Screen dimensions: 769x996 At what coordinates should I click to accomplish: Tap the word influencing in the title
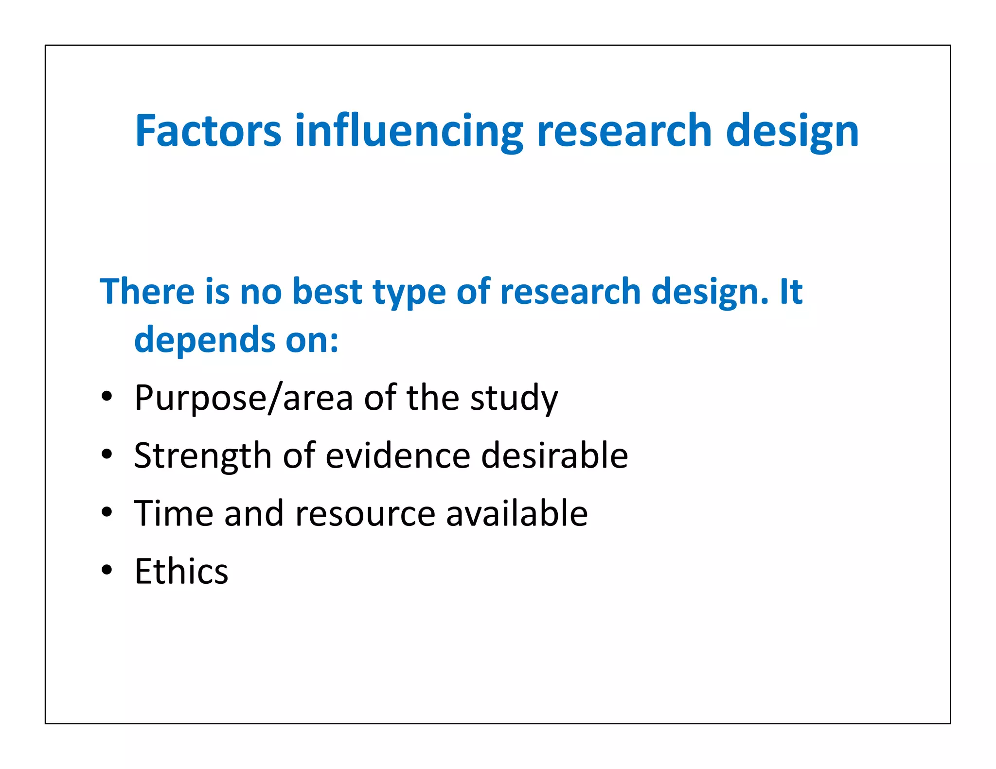coord(409,131)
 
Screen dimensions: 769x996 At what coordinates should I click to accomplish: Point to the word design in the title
coord(792,131)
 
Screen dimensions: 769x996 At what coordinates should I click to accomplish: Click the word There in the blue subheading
coord(147,291)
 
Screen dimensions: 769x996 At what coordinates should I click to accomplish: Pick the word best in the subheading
coord(327,291)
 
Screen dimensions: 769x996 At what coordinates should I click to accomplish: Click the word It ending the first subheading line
coord(791,291)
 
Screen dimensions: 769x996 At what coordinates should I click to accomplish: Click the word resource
coord(365,514)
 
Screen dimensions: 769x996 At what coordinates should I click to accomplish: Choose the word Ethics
coord(181,571)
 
